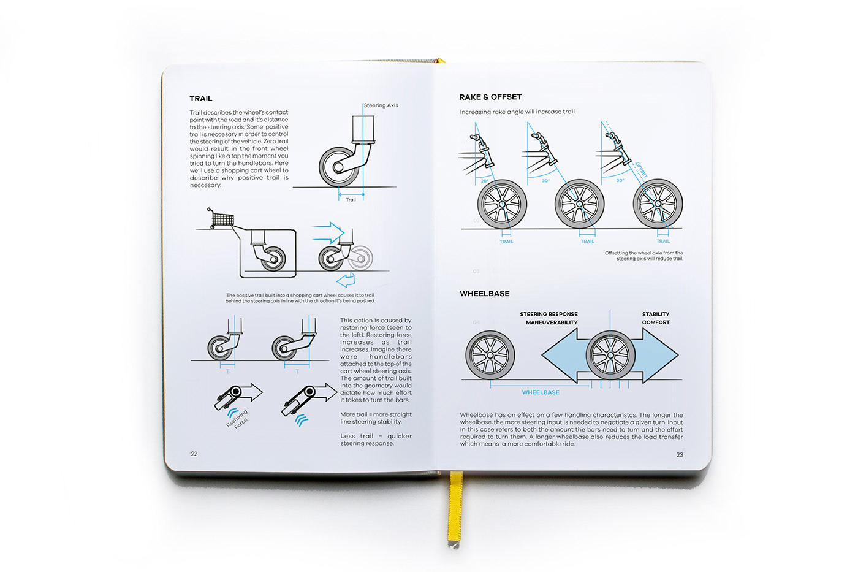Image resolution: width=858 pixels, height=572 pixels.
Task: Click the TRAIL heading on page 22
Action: click(x=201, y=99)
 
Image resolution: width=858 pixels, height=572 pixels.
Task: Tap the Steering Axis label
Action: click(x=381, y=105)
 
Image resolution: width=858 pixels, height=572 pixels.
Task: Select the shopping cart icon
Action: click(x=220, y=218)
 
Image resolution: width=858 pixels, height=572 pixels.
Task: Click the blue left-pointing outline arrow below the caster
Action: click(x=346, y=280)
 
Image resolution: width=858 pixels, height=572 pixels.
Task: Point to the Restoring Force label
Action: click(x=238, y=420)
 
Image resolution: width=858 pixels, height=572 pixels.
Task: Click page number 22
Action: click(x=194, y=454)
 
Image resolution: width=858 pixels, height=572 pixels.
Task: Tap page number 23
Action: click(x=679, y=455)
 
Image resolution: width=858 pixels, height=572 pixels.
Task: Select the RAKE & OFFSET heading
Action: click(x=490, y=97)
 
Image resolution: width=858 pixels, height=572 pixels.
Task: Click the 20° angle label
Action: click(x=484, y=181)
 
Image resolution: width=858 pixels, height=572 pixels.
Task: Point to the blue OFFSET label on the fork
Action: click(x=641, y=170)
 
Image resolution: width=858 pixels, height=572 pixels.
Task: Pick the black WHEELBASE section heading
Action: click(x=484, y=294)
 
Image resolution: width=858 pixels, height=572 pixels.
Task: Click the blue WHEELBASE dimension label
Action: click(x=541, y=392)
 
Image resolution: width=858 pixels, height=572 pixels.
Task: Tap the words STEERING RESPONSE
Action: click(x=549, y=314)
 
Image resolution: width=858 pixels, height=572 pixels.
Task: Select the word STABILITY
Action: click(x=656, y=314)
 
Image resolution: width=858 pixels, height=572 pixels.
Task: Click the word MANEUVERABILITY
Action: click(x=552, y=322)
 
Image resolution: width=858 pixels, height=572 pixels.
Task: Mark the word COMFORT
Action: click(x=656, y=322)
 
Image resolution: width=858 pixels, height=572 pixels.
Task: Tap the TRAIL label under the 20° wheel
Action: click(x=506, y=242)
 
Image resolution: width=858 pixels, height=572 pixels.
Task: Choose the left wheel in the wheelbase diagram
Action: click(x=490, y=355)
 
